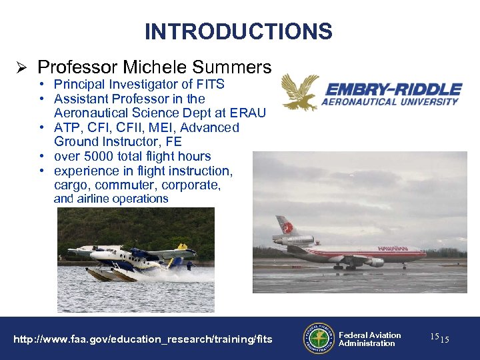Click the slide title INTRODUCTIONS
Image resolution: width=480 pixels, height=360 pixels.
(x=239, y=31)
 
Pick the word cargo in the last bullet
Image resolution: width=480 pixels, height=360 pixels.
(x=71, y=185)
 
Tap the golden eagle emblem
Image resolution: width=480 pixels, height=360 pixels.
(x=299, y=92)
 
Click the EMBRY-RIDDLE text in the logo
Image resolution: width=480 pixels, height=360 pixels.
(x=392, y=89)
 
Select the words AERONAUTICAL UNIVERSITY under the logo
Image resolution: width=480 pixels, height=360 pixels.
(x=390, y=102)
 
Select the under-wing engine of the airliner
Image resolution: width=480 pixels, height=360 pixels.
(x=374, y=262)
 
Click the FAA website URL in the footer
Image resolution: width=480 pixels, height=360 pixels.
(x=143, y=339)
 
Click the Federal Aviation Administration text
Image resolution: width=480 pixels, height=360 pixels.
(x=369, y=339)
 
